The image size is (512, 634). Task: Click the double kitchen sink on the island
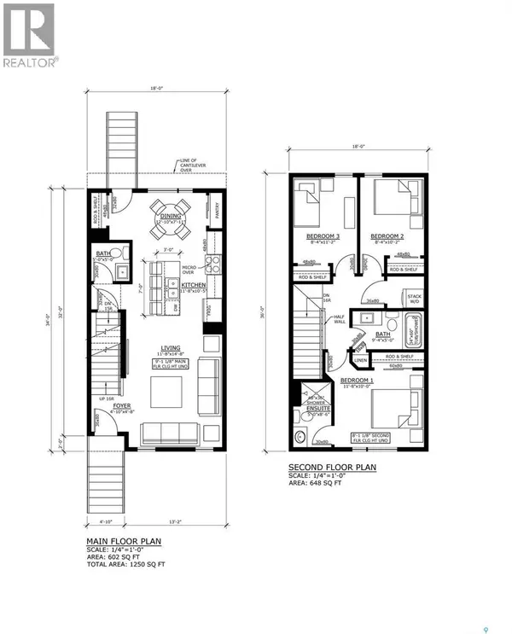173,293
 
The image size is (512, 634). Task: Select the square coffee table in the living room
167,391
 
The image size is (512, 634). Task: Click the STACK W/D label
416,299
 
